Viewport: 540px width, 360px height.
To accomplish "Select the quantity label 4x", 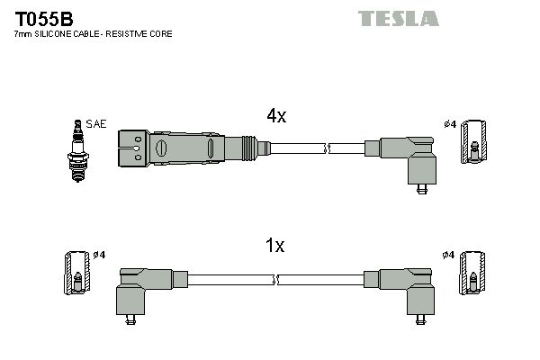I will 275,115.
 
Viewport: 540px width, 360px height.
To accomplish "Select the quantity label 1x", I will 275,246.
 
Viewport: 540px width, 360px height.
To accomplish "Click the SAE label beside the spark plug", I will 95,123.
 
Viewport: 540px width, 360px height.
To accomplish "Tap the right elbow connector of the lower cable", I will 410,288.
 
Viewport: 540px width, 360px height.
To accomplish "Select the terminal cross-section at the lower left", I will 76,274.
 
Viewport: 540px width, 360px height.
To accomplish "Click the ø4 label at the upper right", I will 450,123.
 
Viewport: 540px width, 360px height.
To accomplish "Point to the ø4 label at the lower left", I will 98,255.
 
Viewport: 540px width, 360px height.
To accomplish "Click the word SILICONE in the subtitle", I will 56,33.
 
